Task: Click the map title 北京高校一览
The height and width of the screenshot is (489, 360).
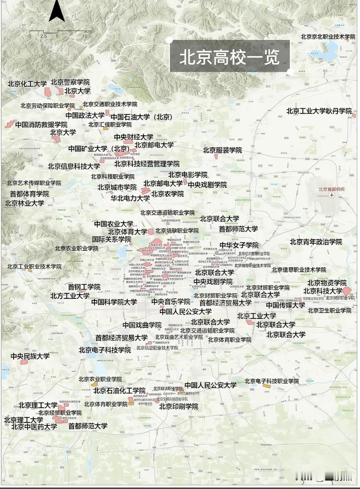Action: point(229,57)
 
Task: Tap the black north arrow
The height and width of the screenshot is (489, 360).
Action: point(57,12)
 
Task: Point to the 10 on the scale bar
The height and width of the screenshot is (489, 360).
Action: point(85,36)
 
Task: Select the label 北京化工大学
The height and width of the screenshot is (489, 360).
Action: point(27,84)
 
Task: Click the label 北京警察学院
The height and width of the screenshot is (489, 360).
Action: point(70,82)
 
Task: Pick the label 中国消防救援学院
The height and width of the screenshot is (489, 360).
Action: point(41,125)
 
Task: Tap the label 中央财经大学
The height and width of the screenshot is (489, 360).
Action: point(133,137)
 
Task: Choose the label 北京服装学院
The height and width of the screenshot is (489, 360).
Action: point(222,150)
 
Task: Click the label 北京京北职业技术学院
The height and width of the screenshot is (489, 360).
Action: point(328,37)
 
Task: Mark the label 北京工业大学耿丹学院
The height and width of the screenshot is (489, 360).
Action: point(319,111)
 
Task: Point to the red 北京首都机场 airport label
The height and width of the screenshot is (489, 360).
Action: point(331,189)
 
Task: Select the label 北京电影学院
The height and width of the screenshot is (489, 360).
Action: point(188,175)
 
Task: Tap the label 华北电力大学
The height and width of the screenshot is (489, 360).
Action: point(130,198)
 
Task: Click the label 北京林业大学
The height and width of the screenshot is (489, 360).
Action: point(24,203)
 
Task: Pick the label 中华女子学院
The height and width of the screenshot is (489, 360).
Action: point(239,245)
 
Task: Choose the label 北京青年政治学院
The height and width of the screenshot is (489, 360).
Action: point(316,242)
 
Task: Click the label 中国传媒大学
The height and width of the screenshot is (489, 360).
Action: point(285,305)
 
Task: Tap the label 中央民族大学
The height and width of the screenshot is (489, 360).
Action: point(30,356)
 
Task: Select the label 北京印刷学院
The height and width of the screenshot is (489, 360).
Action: point(179,406)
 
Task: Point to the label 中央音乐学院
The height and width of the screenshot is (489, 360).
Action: point(171,302)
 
